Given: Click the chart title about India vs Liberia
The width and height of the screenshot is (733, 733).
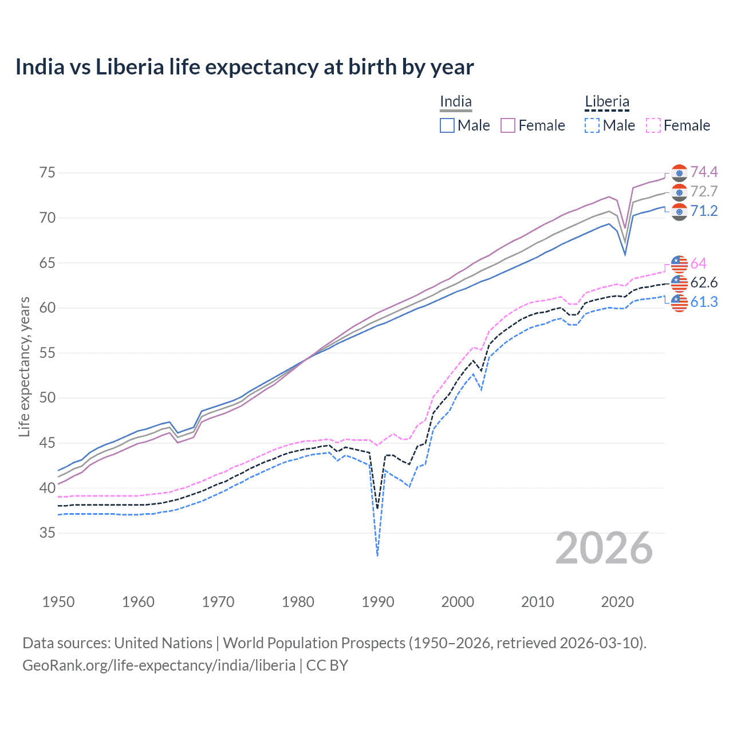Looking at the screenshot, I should point(245,67).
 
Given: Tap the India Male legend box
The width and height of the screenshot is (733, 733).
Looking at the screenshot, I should point(447,125).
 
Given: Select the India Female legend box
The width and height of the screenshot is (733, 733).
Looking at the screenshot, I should point(508,125).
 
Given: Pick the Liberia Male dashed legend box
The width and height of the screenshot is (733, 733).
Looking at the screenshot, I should point(592,125).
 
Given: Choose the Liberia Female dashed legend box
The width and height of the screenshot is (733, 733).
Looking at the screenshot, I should point(653,125).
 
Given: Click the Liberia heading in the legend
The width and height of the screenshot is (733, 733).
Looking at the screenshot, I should point(606,102).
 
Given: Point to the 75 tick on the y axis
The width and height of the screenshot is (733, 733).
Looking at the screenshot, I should point(47,172).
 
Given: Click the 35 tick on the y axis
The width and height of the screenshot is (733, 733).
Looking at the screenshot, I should point(47,533).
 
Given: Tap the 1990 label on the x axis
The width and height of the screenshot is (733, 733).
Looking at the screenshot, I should point(378,602).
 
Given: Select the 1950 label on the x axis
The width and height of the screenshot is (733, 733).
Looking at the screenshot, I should point(58,602).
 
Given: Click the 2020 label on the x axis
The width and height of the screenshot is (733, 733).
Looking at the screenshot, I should point(617,602).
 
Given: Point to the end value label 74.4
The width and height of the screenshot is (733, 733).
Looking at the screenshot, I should point(704,172).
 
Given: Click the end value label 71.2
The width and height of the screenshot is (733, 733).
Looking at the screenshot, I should point(704,211).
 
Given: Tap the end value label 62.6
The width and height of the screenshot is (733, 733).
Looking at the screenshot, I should point(704,282).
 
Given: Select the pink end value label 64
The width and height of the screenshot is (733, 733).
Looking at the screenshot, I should point(699,263).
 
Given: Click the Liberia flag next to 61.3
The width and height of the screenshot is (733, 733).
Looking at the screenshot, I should point(679,302).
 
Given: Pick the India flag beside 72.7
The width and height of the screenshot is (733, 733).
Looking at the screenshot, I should point(679,192).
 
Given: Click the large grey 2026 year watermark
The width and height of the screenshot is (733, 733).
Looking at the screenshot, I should point(604,549).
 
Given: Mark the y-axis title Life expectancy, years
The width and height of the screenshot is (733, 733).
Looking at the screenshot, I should point(24,366).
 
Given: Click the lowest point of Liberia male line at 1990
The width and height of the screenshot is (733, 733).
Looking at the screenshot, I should point(377,555).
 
